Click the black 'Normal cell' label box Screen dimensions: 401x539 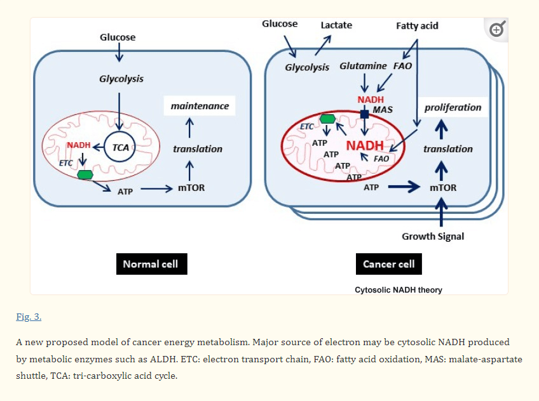151,264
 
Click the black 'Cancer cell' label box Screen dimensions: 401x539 388,264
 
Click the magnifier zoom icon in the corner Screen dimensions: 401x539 497,29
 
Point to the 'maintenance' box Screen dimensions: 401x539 200,106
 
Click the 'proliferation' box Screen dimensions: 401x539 453,107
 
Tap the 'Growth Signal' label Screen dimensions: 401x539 433,236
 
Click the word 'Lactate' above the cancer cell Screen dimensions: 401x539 336,25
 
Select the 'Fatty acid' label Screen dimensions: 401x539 417,26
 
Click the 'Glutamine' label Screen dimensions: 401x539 363,66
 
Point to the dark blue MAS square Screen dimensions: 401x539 364,114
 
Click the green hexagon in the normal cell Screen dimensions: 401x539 84,174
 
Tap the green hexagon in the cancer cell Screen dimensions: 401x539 328,119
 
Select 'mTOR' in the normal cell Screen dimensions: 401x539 190,188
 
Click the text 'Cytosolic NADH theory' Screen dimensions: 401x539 399,290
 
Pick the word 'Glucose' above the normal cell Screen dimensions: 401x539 118,37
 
